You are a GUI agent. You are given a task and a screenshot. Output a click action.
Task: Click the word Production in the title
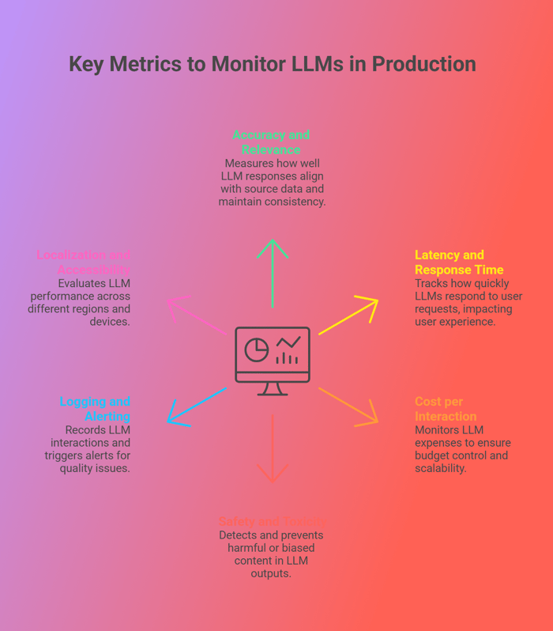426,64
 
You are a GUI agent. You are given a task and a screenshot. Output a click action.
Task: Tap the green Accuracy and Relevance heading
271,142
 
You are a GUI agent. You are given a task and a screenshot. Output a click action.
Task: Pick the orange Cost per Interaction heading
446,409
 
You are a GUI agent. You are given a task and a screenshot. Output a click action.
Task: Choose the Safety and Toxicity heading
271,521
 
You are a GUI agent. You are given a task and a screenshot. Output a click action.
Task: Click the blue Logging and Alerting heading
95,409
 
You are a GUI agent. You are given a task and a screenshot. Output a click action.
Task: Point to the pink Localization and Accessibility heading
84,263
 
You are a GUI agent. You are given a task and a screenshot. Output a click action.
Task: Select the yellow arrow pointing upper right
348,315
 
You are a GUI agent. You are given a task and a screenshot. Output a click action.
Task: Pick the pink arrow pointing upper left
197,315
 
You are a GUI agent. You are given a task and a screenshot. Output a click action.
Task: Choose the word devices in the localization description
109,322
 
